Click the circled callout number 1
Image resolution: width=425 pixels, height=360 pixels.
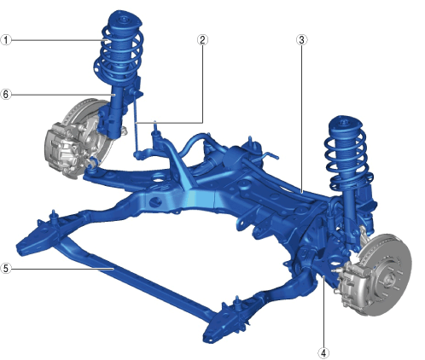[x=6, y=40]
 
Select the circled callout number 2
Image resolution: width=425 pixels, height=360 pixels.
[x=202, y=40]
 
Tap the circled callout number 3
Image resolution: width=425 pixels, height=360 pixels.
[x=302, y=40]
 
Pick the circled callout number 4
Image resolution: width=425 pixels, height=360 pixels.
[x=323, y=353]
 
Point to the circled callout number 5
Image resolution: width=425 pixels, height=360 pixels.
[x=6, y=268]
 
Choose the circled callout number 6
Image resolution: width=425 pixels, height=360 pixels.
[x=6, y=94]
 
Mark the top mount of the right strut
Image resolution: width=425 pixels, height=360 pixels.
[x=346, y=125]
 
